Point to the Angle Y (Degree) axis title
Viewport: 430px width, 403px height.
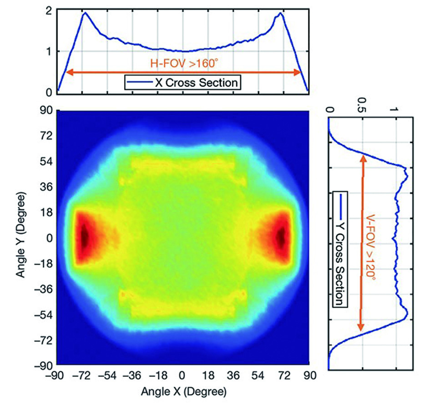click(21, 237)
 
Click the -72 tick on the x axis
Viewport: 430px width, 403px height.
click(81, 376)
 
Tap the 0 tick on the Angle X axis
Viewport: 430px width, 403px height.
click(182, 376)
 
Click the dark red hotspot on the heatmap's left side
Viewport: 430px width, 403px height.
click(85, 236)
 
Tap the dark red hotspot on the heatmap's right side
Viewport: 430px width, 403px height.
click(281, 236)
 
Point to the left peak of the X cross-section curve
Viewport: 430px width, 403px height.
click(85, 13)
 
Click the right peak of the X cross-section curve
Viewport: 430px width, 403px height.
click(281, 13)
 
